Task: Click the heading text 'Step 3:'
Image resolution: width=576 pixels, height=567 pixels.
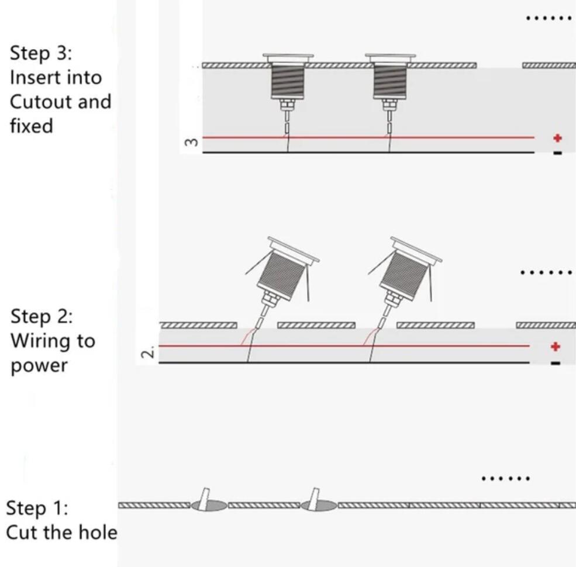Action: [x=41, y=53]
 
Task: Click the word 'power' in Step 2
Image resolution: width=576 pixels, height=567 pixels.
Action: [x=39, y=366]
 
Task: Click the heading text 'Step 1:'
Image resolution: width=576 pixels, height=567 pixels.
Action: [x=37, y=508]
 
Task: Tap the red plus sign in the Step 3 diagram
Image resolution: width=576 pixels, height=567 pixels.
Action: [x=558, y=138]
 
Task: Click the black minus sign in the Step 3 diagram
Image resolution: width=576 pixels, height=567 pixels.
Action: [x=558, y=153]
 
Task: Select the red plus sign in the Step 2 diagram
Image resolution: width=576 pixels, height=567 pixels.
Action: [x=556, y=346]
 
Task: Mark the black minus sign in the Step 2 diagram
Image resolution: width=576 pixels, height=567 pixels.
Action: [x=556, y=363]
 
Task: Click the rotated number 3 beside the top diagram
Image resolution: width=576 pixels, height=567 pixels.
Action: [x=190, y=142]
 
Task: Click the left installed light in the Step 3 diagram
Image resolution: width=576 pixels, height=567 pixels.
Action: [x=288, y=88]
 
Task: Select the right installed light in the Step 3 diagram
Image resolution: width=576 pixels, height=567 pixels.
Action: [x=390, y=88]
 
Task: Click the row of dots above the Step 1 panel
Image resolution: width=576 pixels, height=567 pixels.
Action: [x=506, y=479]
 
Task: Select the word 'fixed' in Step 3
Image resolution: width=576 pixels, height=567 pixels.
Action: [x=32, y=126]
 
